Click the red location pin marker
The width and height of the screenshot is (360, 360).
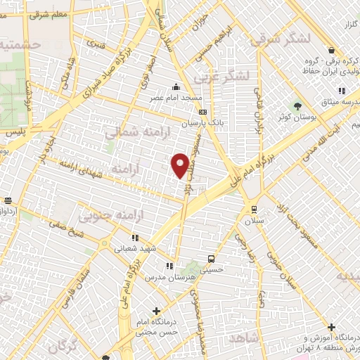[x=181, y=165]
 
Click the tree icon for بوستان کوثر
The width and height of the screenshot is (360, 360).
[x=298, y=105]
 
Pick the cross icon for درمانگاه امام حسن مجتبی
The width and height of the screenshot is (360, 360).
[x=156, y=311]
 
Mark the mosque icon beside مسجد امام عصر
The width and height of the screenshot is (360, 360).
[x=174, y=87]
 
